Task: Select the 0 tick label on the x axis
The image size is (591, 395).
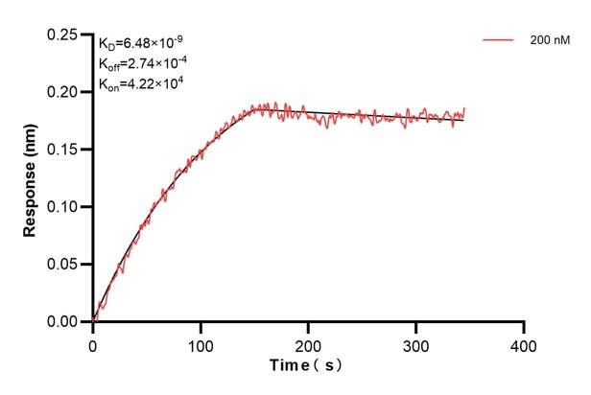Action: coord(92,343)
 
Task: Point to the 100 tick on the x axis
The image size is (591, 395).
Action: coord(201,343)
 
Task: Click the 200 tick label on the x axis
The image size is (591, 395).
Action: coord(308,343)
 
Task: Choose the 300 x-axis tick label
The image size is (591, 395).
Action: coord(415,343)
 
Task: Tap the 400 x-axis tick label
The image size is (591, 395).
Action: coord(523,343)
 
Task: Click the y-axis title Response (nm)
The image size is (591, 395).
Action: coord(31,177)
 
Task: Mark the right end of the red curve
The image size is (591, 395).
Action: coord(464,109)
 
